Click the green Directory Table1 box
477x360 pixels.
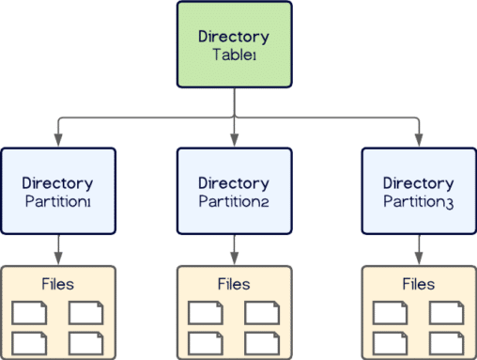point(234,45)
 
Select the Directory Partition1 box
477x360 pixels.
point(58,191)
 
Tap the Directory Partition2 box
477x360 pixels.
point(234,191)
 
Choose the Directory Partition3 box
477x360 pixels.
point(418,191)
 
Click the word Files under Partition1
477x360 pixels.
point(58,283)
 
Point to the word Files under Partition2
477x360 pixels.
point(234,283)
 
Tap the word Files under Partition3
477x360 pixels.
point(418,283)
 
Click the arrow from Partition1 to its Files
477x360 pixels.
point(58,249)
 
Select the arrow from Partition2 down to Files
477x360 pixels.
point(234,249)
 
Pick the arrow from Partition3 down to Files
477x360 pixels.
point(418,249)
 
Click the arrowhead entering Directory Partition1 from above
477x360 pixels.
point(58,142)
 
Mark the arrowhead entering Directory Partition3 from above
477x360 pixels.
point(418,142)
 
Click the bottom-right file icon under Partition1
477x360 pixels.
point(86,341)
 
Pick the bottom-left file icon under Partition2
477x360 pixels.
point(206,341)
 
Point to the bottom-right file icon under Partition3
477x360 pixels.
point(446,341)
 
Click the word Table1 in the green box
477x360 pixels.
point(234,55)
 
